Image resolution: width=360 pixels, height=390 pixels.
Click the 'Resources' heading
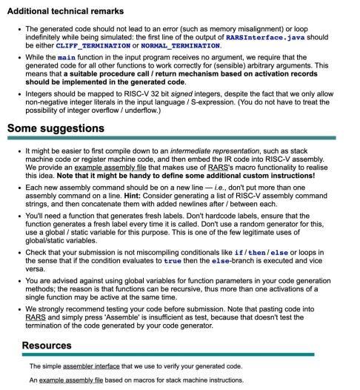click(x=47, y=345)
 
